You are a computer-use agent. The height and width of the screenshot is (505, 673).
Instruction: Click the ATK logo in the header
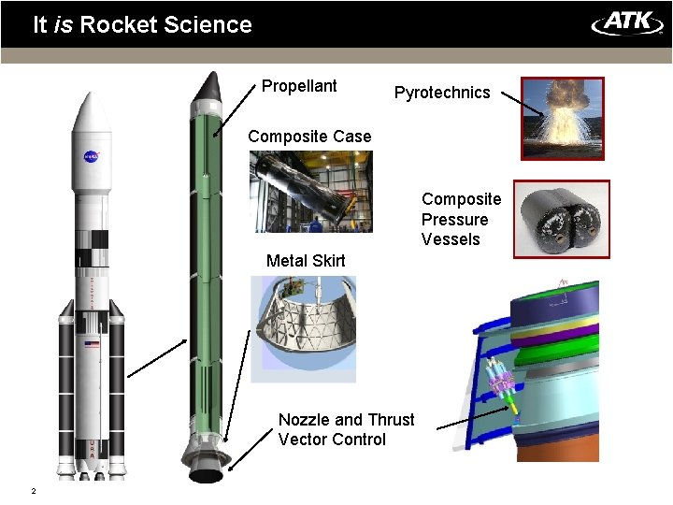click(x=627, y=22)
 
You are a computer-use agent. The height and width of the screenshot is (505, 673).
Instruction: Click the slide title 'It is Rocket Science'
click(x=142, y=24)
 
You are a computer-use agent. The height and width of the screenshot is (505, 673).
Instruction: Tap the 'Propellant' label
click(x=299, y=86)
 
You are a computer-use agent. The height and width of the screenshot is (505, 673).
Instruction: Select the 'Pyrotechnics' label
click(x=442, y=93)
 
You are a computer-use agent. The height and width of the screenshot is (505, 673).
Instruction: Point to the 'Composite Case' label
click(x=309, y=137)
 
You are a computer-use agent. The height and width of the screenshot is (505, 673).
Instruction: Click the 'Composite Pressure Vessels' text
click(x=461, y=220)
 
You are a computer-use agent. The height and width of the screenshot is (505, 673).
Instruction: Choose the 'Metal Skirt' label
click(x=306, y=261)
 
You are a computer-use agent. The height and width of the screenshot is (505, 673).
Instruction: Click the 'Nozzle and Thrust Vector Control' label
click(x=346, y=430)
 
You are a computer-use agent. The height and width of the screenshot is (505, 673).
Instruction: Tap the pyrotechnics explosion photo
click(x=563, y=119)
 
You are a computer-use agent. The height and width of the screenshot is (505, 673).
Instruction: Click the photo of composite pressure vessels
click(x=563, y=219)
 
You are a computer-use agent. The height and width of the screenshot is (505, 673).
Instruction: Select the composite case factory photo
click(x=311, y=192)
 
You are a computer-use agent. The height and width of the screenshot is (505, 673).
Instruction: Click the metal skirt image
click(x=304, y=329)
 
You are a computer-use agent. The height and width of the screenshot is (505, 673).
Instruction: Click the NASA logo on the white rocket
click(x=92, y=156)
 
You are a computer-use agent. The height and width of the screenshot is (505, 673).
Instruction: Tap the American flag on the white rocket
click(x=92, y=345)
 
